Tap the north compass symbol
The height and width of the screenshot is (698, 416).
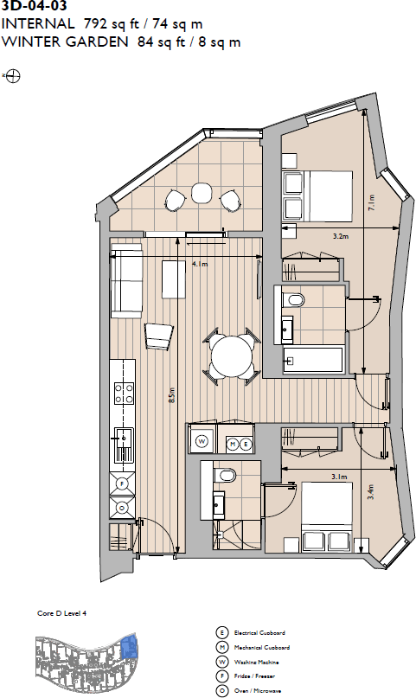pyautogui.click(x=14, y=76)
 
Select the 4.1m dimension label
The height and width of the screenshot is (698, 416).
pyautogui.click(x=200, y=265)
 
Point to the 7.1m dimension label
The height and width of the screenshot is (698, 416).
pyautogui.click(x=372, y=203)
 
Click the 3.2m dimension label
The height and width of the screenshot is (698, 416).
pyautogui.click(x=340, y=235)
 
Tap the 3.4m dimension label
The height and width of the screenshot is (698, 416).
pyautogui.click(x=370, y=494)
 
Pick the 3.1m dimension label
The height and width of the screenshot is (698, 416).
pyautogui.click(x=339, y=477)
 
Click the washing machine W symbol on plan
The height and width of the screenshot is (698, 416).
pyautogui.click(x=202, y=441)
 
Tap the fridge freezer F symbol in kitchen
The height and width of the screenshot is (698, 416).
pyautogui.click(x=122, y=483)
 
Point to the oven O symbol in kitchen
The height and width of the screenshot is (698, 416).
pyautogui.click(x=122, y=508)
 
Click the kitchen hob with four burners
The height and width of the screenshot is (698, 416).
pyautogui.click(x=124, y=394)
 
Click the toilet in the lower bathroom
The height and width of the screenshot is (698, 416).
pyautogui.click(x=227, y=476)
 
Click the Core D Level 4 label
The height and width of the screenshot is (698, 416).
pyautogui.click(x=62, y=612)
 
